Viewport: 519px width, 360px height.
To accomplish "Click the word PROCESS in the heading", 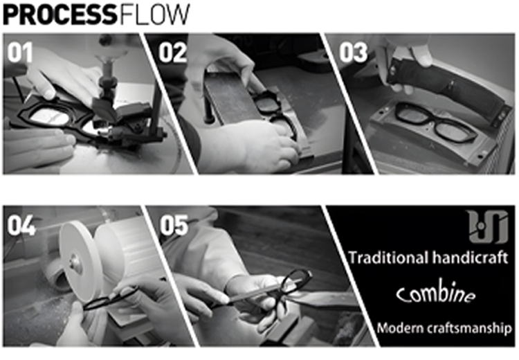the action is click(x=60, y=15).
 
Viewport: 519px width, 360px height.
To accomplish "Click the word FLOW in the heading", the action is click(x=154, y=15).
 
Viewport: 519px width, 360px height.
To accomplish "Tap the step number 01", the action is click(x=20, y=53).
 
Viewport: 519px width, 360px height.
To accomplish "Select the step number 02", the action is click(x=172, y=53).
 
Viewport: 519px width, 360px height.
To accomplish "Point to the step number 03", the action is click(x=353, y=53).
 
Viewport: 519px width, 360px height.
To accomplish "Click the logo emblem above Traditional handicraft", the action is click(x=488, y=226).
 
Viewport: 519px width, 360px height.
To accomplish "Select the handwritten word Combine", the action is click(x=435, y=293).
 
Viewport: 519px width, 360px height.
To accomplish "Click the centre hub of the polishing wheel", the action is click(x=75, y=263).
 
